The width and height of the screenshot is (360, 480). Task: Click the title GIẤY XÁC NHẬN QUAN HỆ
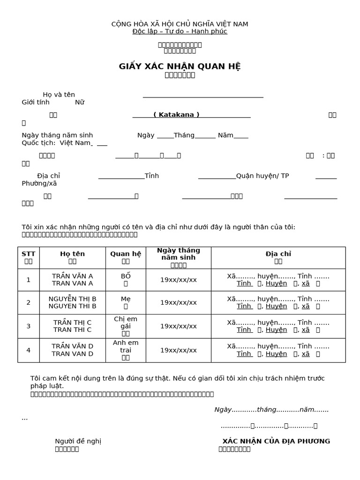point(180,66)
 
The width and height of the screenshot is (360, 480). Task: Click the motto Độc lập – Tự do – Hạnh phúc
point(180,31)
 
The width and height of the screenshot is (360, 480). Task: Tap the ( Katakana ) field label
point(176,115)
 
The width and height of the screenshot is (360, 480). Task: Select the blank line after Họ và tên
point(202,95)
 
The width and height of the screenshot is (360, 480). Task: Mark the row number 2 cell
point(28,302)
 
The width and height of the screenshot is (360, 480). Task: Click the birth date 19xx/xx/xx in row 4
point(178,350)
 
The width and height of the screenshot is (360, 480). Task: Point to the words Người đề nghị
point(78,441)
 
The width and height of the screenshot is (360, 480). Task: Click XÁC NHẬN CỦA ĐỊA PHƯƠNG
point(276,441)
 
